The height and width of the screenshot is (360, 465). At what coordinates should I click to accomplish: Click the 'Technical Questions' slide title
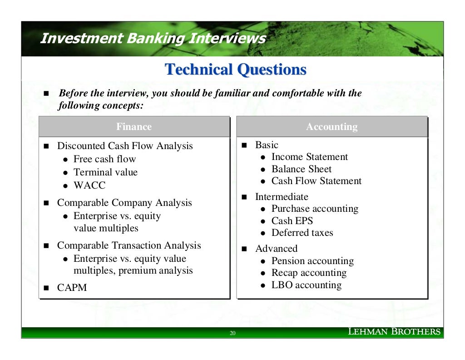point(235,70)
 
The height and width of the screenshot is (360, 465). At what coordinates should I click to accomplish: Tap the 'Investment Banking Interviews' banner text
point(153,39)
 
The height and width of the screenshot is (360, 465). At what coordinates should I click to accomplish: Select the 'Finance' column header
point(134,127)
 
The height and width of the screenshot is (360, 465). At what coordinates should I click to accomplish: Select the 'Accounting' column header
point(331,127)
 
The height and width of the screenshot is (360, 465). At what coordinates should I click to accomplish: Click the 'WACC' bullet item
point(89,185)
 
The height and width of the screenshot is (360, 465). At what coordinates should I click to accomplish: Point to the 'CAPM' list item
point(72,288)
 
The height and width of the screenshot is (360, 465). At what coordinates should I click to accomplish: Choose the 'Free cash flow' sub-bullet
point(104,159)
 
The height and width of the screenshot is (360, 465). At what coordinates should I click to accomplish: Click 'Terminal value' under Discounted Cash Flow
point(105,172)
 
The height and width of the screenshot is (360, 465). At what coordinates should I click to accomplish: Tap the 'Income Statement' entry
point(309,157)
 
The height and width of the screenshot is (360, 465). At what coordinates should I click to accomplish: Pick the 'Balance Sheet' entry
point(301,169)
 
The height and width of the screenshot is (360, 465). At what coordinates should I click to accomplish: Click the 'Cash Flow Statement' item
point(316,181)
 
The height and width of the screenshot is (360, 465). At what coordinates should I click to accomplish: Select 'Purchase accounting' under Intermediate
point(315,209)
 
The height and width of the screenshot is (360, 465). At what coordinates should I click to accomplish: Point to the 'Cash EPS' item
point(292,221)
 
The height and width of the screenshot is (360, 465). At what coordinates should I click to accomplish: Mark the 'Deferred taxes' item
point(302,233)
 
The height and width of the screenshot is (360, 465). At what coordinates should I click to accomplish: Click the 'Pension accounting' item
point(312,261)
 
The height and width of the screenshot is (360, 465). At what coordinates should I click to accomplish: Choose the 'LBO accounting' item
point(306,285)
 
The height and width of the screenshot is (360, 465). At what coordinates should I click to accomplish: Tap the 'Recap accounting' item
point(309,273)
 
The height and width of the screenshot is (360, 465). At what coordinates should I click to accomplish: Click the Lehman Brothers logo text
point(394,332)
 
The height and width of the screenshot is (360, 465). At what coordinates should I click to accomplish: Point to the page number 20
point(232,334)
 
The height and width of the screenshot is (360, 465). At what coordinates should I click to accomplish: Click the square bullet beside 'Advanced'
point(244,249)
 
